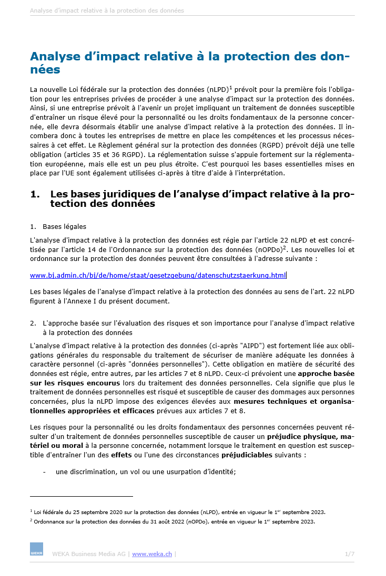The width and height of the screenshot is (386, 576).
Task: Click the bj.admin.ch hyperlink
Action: (x=158, y=275)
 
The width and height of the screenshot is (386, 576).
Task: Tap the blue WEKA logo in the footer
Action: (x=36, y=549)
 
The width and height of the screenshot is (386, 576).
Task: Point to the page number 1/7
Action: (x=350, y=554)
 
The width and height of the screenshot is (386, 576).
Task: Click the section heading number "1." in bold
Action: (x=35, y=194)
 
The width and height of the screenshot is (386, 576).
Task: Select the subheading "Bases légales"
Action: (x=64, y=226)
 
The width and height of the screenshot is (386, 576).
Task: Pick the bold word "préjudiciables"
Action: (x=247, y=455)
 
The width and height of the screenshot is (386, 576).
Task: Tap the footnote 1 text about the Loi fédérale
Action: (x=179, y=511)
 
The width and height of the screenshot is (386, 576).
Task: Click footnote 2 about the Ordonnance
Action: (x=174, y=521)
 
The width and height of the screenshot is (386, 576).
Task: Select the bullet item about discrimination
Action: (x=146, y=472)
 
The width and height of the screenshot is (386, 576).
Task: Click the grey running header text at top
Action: (x=107, y=11)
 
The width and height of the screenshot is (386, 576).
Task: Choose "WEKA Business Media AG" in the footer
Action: (x=88, y=554)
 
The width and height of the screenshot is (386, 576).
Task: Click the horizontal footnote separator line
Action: (x=82, y=496)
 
